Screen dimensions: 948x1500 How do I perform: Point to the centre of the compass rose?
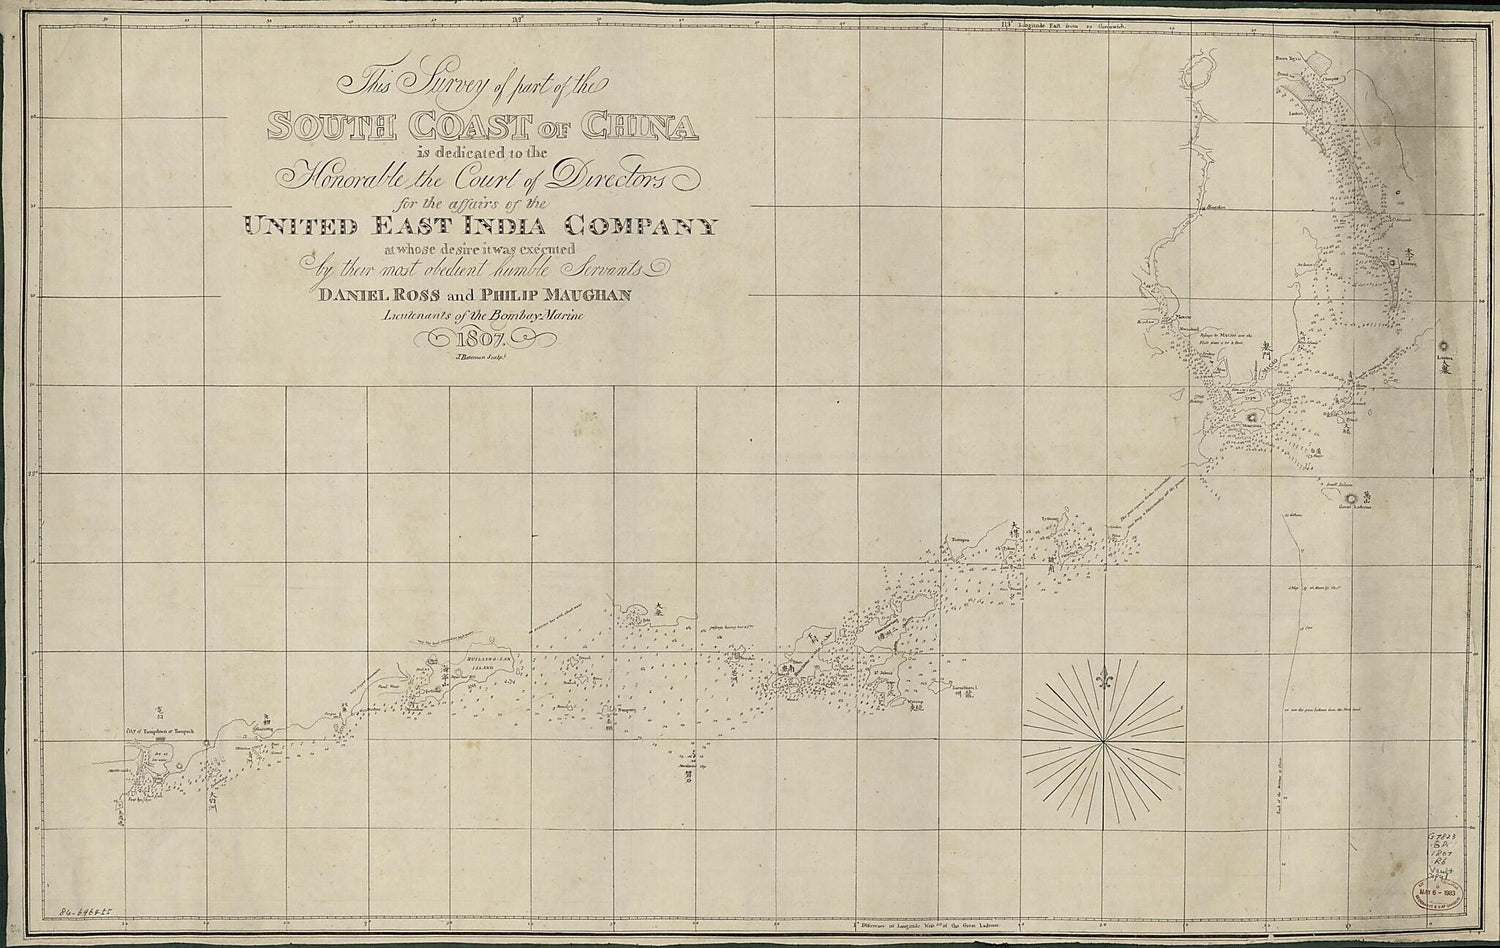(x=1103, y=742)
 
